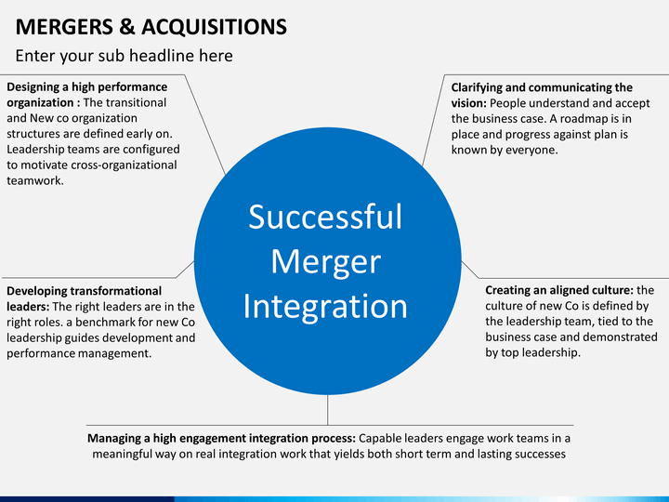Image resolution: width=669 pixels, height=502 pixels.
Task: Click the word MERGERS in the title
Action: (64, 27)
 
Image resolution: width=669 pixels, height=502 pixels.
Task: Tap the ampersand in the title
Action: (127, 27)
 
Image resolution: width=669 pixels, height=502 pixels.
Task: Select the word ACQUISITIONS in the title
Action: (215, 27)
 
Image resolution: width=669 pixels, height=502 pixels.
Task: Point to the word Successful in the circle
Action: (325, 217)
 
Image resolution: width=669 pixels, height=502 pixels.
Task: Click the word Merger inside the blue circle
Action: (326, 261)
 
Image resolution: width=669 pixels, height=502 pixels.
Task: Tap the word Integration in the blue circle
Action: (325, 306)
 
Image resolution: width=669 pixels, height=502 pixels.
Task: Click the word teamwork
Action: (35, 180)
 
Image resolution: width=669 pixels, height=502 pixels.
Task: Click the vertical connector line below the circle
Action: (328, 410)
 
